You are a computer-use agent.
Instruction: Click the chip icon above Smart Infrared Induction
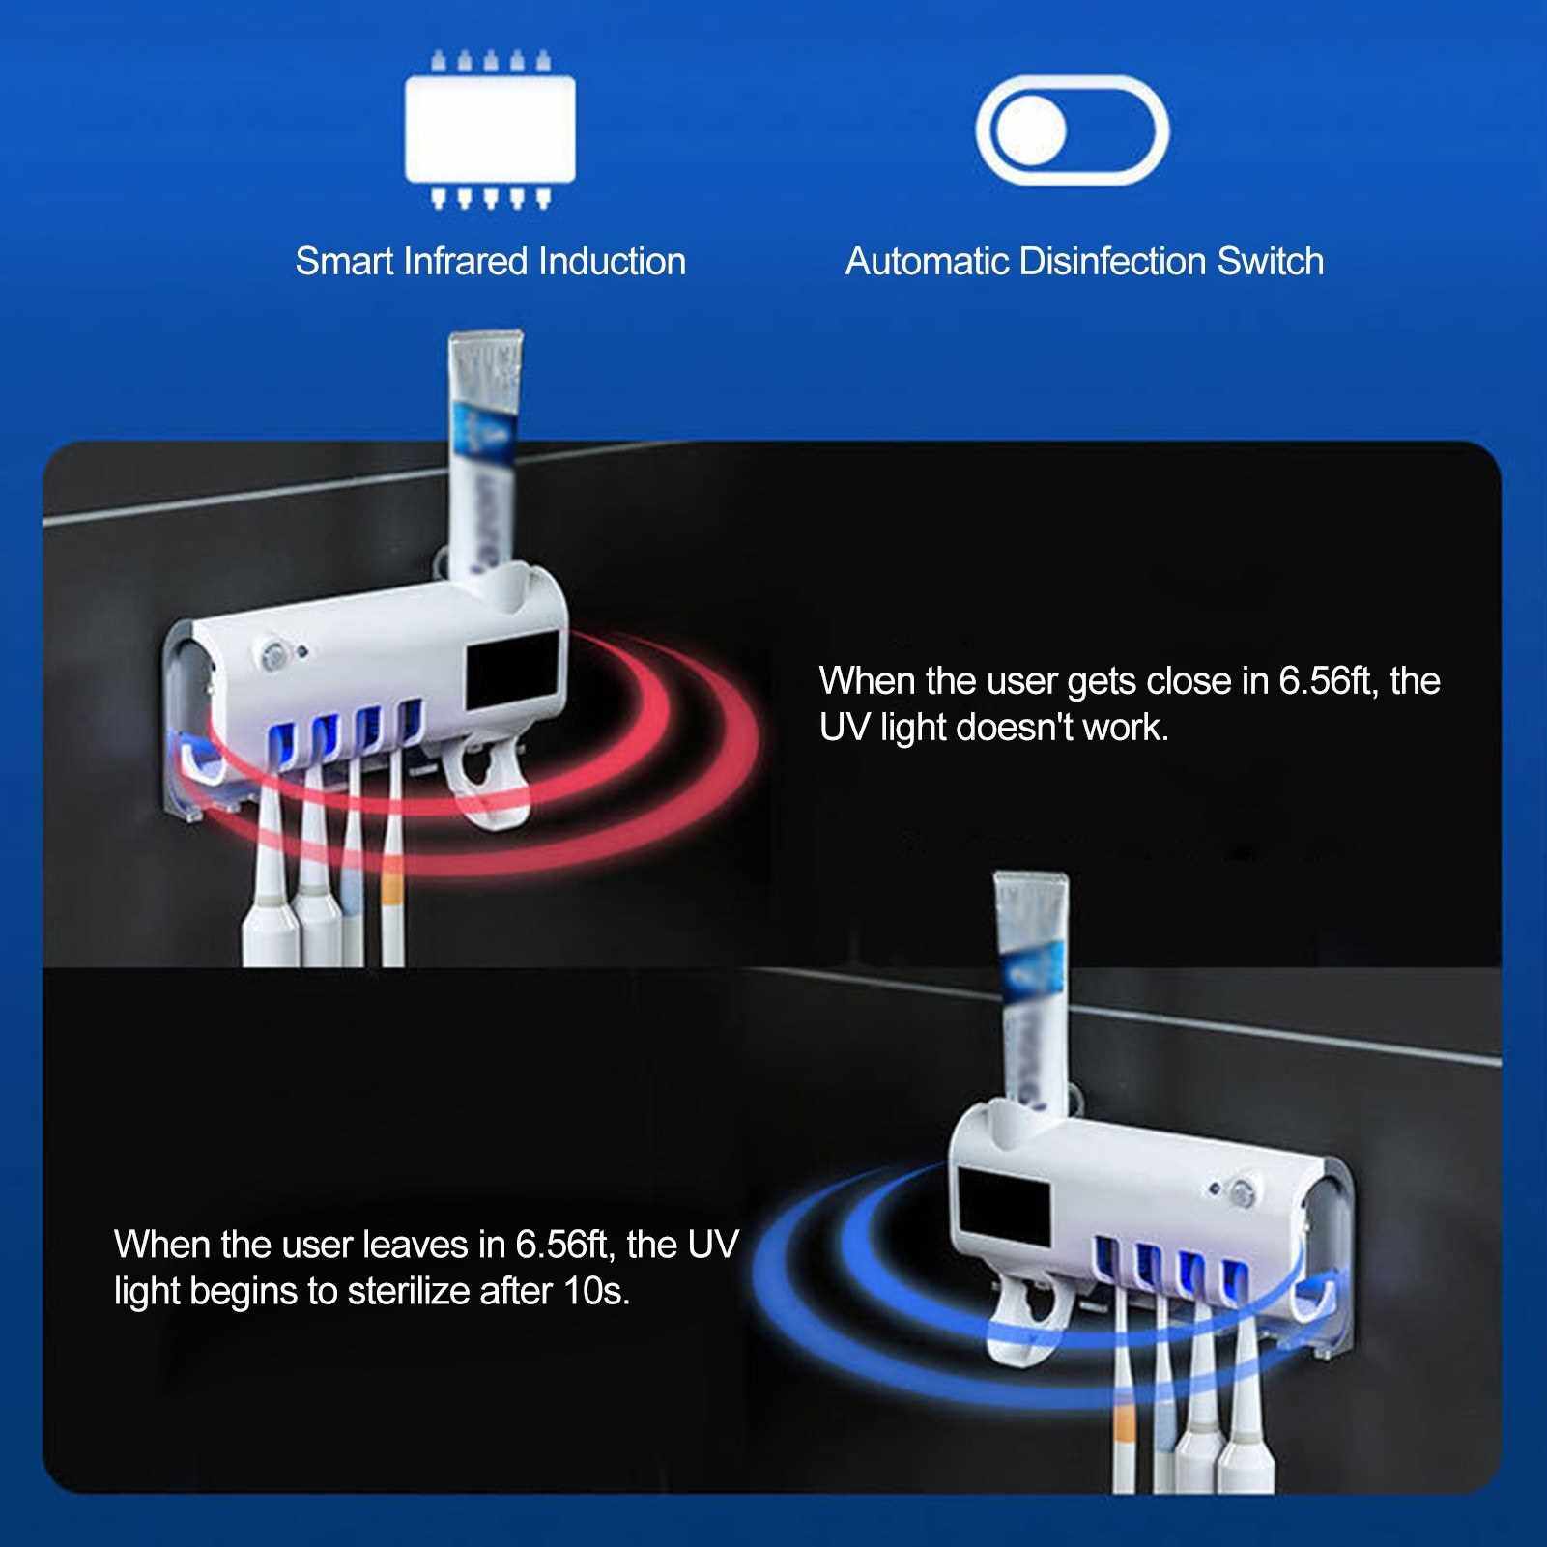490,129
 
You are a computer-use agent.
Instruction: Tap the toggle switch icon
1072,129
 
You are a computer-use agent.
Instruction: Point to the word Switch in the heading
1271,262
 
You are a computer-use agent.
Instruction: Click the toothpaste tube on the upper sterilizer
486,459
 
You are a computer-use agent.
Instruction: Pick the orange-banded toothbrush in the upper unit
390,850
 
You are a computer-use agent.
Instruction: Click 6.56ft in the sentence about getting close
1329,681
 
